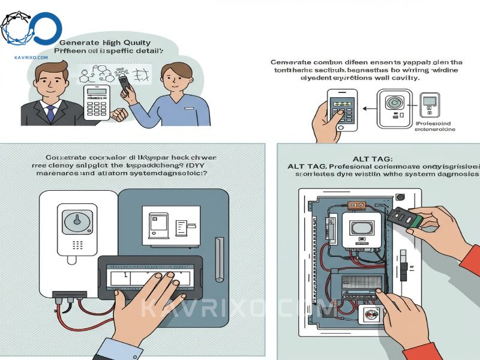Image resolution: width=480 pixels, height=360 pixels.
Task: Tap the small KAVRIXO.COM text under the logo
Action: coord(30,58)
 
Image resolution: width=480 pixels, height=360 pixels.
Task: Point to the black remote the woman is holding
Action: coord(125,87)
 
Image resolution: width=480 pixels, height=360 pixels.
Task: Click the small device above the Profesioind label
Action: coord(430,106)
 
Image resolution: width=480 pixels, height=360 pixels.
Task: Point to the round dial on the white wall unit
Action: coord(76,219)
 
